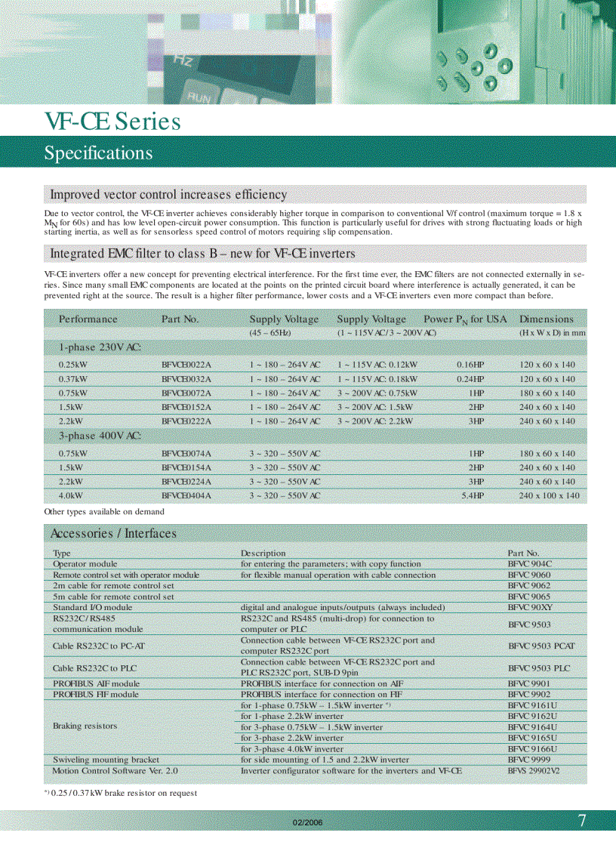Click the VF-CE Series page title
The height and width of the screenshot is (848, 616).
tap(112, 122)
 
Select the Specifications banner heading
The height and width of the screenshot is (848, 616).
tap(98, 153)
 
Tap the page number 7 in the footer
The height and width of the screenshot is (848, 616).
tap(582, 822)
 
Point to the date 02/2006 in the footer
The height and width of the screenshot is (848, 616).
tap(307, 822)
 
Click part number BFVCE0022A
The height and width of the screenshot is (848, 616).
tap(186, 365)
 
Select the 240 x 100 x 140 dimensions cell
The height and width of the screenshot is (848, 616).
tap(550, 496)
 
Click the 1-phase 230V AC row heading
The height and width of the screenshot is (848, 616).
tap(100, 347)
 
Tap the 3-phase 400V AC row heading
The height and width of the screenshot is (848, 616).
tap(100, 436)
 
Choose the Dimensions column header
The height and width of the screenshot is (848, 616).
tap(547, 319)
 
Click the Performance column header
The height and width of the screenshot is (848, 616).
tap(88, 319)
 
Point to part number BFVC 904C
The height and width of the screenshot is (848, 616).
tap(530, 564)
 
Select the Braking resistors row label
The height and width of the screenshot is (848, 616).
tap(85, 726)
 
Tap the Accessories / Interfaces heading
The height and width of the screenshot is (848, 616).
tap(113, 533)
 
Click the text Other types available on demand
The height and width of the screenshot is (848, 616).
tap(104, 512)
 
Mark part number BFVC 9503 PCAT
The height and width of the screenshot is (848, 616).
tap(541, 646)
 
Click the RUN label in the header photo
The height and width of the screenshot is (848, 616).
tap(199, 97)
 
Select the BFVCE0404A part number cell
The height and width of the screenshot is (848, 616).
tap(186, 496)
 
